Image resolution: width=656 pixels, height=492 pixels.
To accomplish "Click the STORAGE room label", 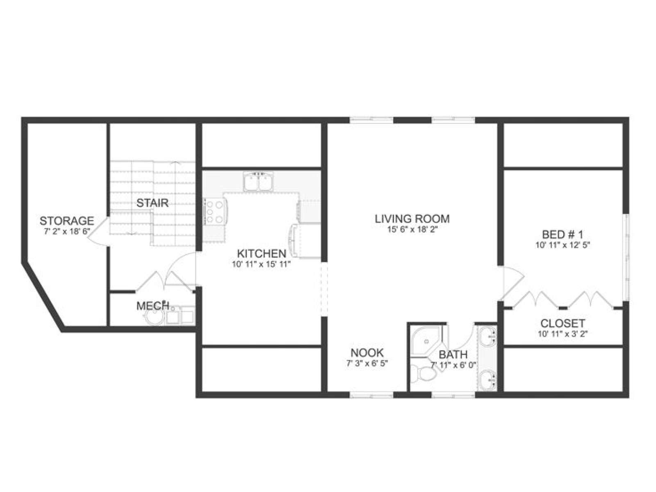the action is [67, 221].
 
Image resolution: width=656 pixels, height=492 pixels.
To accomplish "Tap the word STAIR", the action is [153, 203].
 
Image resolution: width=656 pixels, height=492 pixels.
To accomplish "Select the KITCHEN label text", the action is [262, 254].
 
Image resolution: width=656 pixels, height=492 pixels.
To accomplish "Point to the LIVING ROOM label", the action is [412, 219].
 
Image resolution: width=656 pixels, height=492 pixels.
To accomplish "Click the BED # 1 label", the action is [563, 234].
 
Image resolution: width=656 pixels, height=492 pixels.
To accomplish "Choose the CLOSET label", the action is [563, 323].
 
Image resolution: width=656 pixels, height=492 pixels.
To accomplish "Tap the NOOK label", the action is [367, 353].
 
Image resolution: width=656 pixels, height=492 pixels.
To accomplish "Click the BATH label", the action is [453, 355].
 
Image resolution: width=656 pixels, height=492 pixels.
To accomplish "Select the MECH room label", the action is [153, 306].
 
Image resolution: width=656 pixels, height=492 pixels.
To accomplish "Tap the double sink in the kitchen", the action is [257, 182].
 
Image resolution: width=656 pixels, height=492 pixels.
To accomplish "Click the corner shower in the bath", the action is [425, 341].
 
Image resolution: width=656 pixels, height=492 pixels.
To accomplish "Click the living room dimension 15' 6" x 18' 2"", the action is [412, 230].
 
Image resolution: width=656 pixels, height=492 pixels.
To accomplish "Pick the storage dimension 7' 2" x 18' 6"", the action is [67, 232].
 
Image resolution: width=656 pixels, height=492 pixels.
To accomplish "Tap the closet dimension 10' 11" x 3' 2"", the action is [563, 334].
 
